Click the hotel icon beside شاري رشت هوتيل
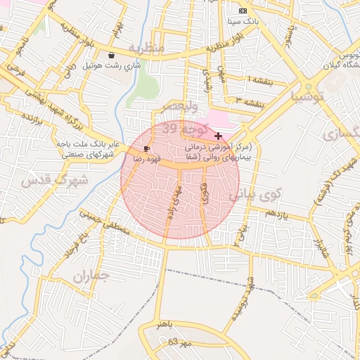[x=111, y=55]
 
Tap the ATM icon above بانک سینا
[x=243, y=11]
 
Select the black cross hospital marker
[x=219, y=136]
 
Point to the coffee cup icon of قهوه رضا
[x=146, y=148]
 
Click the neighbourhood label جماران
[x=91, y=275]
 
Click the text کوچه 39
[x=181, y=129]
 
